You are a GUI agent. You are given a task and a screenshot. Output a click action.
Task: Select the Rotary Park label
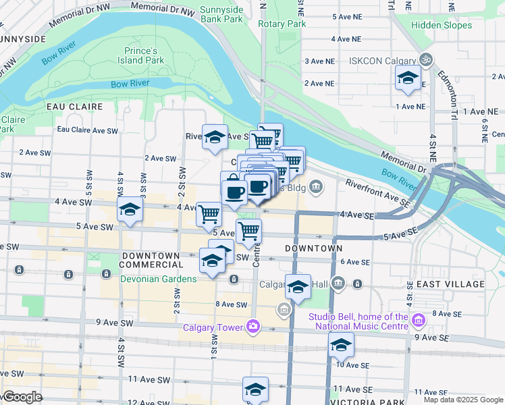click(x=282, y=24)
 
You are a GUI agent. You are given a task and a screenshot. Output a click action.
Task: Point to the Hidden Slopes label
click(x=442, y=26)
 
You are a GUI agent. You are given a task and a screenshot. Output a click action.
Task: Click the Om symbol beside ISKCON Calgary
click(x=425, y=60)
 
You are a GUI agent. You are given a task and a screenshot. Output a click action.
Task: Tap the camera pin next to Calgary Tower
click(x=252, y=327)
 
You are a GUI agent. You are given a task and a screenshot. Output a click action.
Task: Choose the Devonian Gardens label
click(x=160, y=279)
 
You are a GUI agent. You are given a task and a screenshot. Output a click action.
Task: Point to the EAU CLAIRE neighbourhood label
click(x=74, y=107)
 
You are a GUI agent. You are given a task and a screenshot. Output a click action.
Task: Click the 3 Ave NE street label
click(x=319, y=61)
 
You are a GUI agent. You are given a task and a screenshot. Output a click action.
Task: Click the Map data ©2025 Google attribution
click(x=462, y=400)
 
